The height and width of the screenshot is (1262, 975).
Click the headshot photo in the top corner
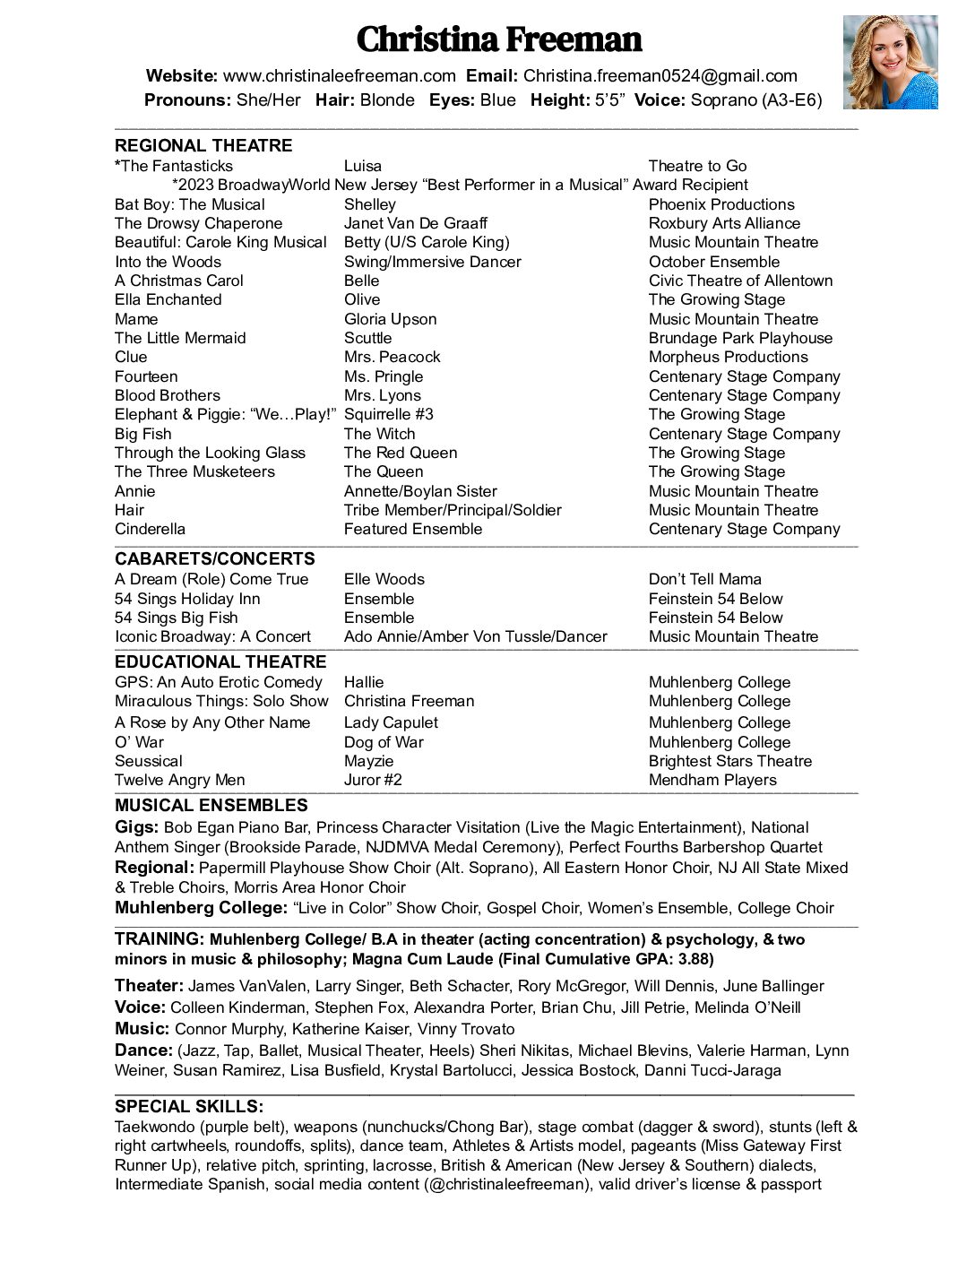(x=889, y=62)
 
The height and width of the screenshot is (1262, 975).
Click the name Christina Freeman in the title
(x=499, y=39)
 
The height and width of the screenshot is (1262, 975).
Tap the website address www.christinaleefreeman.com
(x=339, y=76)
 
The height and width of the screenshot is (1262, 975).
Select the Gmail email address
(x=660, y=76)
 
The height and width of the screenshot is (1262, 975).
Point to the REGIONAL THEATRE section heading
(x=203, y=145)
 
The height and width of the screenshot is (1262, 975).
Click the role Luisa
(x=363, y=166)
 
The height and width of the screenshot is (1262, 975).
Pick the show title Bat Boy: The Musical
(x=190, y=204)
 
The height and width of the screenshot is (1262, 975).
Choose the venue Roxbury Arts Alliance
(x=724, y=223)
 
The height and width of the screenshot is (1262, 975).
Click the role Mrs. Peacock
(x=392, y=357)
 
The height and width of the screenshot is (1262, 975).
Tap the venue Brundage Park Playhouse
(x=740, y=338)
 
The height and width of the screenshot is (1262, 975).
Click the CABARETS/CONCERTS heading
(x=215, y=558)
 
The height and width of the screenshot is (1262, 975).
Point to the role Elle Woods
(x=384, y=579)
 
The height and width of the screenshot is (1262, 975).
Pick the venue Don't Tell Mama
(x=704, y=579)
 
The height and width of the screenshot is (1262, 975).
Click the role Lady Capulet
(x=391, y=722)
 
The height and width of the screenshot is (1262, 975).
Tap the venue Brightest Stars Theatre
(x=729, y=761)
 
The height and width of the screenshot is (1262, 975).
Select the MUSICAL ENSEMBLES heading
(x=211, y=805)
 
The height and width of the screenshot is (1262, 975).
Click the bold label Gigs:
(x=136, y=827)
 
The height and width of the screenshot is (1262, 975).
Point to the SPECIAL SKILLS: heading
(x=189, y=1106)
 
